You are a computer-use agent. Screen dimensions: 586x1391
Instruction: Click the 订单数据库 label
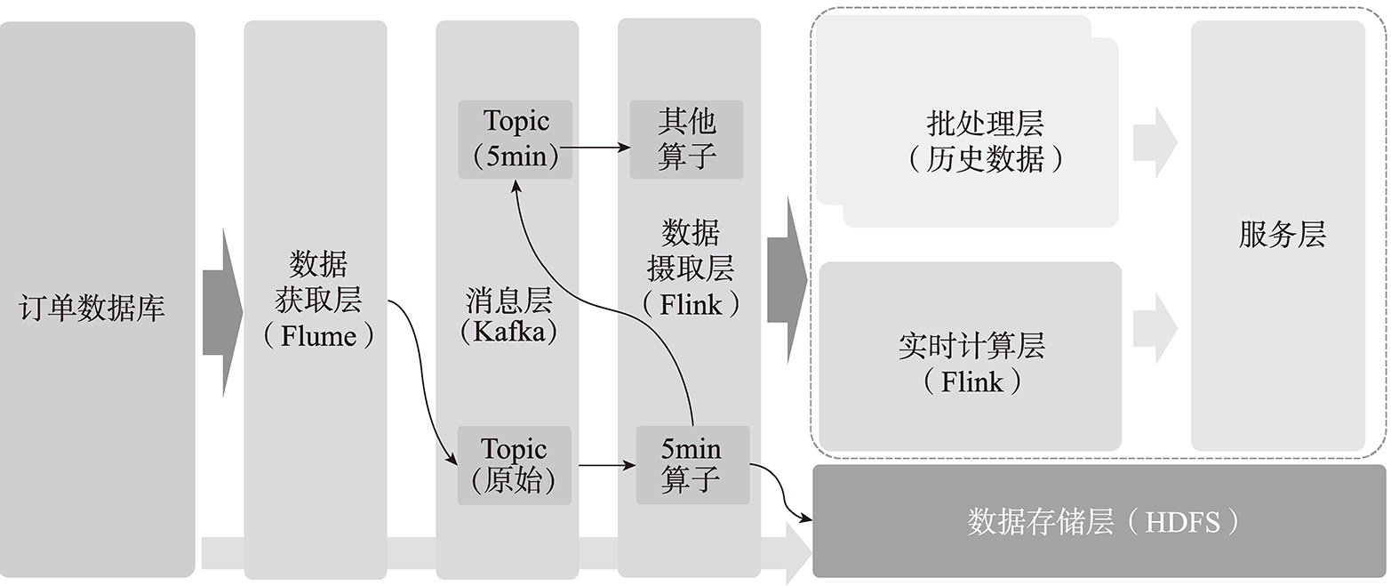click(x=92, y=309)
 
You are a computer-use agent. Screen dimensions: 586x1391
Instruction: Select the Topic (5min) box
click(x=516, y=139)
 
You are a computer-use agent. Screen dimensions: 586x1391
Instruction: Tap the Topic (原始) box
click(x=514, y=465)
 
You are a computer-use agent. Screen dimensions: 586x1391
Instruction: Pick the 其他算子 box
click(x=686, y=139)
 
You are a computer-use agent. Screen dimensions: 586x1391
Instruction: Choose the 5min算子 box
click(x=692, y=465)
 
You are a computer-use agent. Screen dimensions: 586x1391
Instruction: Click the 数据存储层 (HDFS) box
click(x=1099, y=521)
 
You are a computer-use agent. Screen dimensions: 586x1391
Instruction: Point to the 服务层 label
click(x=1282, y=235)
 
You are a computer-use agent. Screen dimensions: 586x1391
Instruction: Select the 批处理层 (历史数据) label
click(x=985, y=141)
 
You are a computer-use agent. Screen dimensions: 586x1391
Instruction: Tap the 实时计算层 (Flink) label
click(x=971, y=363)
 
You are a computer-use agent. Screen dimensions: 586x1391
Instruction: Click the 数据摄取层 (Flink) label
click(x=691, y=268)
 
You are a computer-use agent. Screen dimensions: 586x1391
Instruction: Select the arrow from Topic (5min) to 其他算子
click(x=600, y=147)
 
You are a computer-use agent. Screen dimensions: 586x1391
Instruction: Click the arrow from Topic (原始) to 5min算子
click(x=607, y=465)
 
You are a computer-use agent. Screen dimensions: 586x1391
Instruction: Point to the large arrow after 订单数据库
click(x=222, y=311)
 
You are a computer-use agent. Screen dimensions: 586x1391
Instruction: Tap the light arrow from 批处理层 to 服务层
click(x=1155, y=142)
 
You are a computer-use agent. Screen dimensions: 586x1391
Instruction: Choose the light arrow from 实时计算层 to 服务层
click(x=1155, y=327)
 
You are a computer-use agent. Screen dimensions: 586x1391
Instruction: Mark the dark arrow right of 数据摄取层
click(x=787, y=280)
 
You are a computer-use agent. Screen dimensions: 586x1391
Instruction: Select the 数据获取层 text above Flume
click(x=318, y=282)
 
